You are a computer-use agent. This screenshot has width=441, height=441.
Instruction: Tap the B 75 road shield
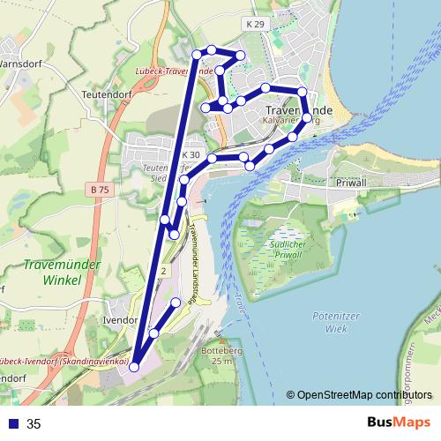tap(100, 189)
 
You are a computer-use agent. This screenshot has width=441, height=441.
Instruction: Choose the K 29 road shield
tap(256, 24)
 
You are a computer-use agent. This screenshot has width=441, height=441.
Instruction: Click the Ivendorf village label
tap(121, 320)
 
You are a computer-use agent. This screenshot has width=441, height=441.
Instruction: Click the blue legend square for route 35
tap(12, 423)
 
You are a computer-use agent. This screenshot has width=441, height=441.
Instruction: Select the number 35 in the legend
tap(34, 423)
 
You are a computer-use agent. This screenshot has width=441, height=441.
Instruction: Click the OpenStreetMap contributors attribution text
tap(364, 395)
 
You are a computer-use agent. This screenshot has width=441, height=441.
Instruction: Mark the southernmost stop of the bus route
tap(134, 367)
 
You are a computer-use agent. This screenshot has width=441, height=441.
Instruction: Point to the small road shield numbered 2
tap(163, 272)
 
